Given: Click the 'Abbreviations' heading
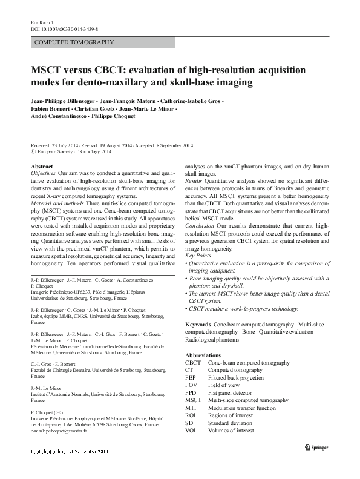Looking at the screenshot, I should tap(204, 354).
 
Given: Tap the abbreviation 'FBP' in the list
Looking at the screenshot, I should tap(191, 377).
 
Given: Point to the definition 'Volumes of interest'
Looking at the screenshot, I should tap(234, 431).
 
